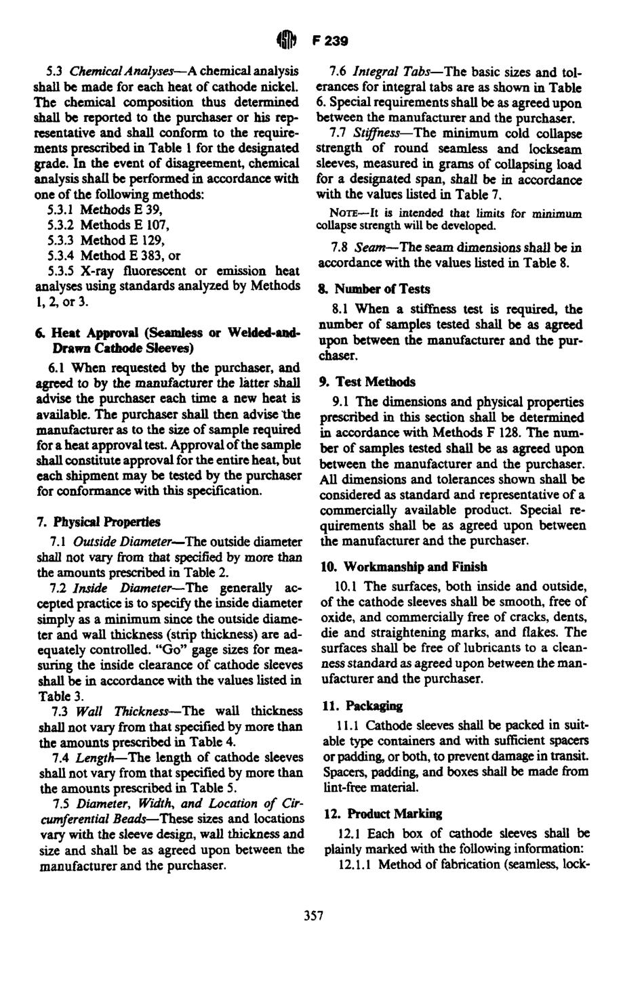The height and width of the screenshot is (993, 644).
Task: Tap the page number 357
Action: tap(313, 916)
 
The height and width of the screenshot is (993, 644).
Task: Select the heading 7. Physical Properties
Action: tap(98, 522)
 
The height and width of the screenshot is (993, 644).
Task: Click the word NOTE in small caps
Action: tap(344, 213)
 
